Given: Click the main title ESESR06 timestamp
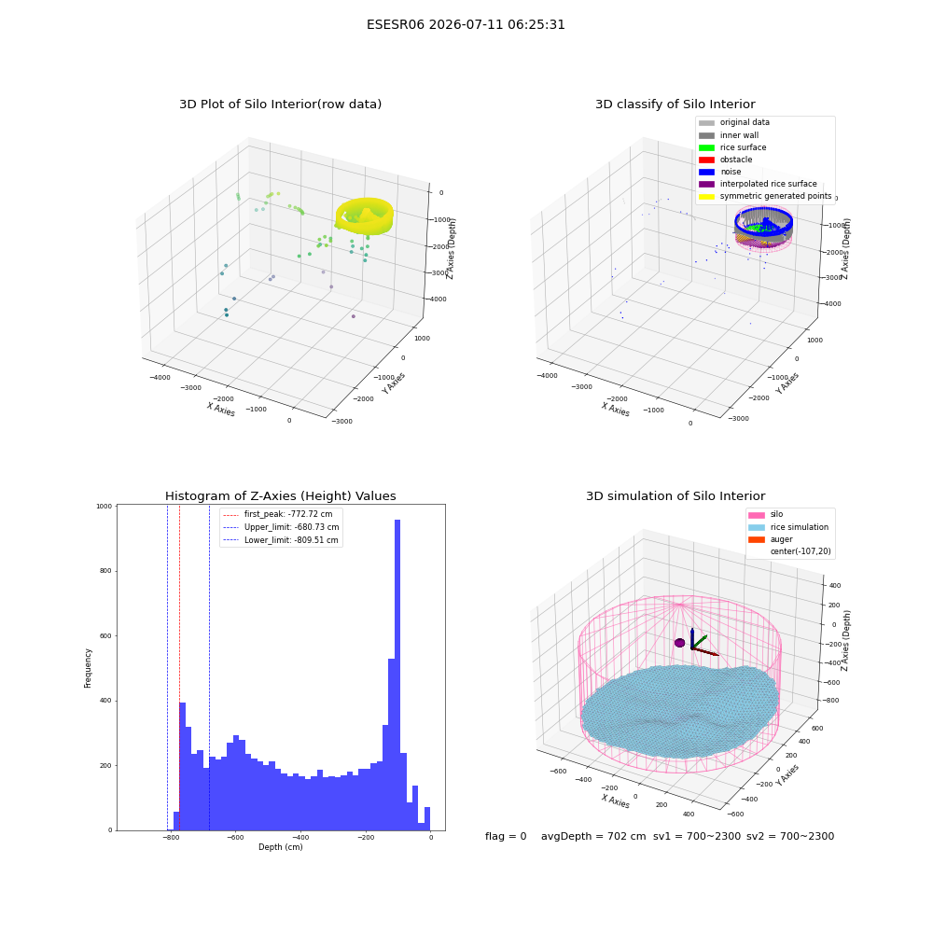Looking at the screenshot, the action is (466, 25).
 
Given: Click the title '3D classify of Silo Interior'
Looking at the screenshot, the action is (675, 104).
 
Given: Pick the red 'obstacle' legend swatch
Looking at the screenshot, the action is (706, 160).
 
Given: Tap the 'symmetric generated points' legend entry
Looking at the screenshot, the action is (765, 196).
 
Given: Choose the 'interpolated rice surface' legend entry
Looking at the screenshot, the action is (758, 184).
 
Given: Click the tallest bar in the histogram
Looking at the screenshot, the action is (397, 675).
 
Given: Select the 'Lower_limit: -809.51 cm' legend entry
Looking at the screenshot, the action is (281, 540).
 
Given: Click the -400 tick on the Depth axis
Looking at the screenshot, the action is (300, 837).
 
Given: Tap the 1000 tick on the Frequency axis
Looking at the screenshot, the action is (104, 507).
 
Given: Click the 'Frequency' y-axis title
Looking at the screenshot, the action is (88, 668).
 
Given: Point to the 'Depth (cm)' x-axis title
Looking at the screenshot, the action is (280, 847).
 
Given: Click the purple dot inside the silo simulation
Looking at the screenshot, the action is (679, 643).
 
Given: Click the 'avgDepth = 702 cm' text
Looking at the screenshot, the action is (593, 836).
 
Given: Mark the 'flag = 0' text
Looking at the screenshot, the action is (506, 836).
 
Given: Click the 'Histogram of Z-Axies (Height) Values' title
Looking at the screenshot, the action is (280, 496).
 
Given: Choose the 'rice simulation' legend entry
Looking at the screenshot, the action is (788, 527).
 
